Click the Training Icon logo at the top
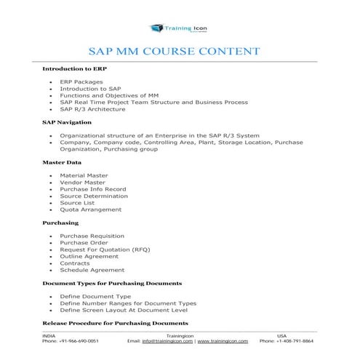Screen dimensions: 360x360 [180, 28]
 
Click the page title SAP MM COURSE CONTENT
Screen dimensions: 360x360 [174, 52]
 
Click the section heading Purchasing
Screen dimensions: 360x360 [60, 222]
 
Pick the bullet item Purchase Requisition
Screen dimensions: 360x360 [92, 236]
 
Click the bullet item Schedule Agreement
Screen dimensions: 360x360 [92, 269]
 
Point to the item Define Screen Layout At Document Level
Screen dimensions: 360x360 [116, 309]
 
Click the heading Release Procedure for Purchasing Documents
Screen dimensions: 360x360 [115, 322]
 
